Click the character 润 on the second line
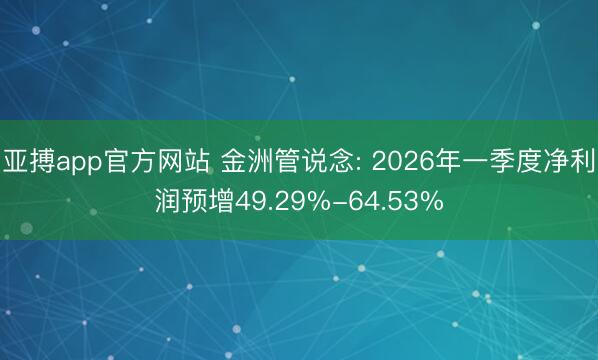[x=167, y=201]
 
